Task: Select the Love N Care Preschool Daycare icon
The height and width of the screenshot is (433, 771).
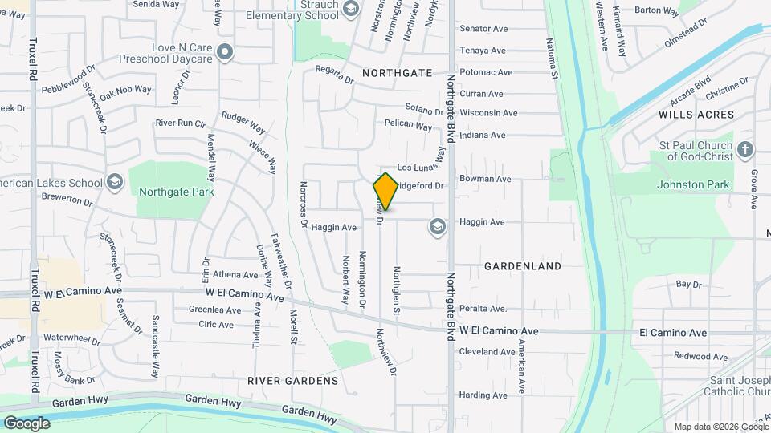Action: pyautogui.click(x=226, y=54)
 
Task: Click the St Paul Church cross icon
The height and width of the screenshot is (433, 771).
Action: pyautogui.click(x=744, y=150)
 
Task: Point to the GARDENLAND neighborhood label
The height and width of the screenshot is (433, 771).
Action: pyautogui.click(x=523, y=265)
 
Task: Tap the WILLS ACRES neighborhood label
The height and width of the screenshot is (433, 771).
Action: pyautogui.click(x=696, y=115)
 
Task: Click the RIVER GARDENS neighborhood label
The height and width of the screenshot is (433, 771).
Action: pyautogui.click(x=293, y=380)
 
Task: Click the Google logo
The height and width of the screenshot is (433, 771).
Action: pyautogui.click(x=27, y=423)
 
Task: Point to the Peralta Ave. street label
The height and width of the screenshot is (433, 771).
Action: pyautogui.click(x=483, y=309)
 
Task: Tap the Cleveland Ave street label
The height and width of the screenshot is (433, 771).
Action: pyautogui.click(x=487, y=351)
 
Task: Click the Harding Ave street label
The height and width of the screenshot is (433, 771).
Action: pyautogui.click(x=483, y=395)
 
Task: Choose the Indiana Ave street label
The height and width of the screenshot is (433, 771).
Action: pyautogui.click(x=483, y=136)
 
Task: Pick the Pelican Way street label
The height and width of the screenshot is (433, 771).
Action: pyautogui.click(x=408, y=124)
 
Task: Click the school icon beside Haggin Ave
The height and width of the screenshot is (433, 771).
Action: pyautogui.click(x=437, y=226)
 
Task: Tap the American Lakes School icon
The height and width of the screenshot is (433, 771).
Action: pyautogui.click(x=114, y=183)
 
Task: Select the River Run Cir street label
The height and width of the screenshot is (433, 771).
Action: pyautogui.click(x=181, y=123)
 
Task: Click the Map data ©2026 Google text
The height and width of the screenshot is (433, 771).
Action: pyautogui.click(x=720, y=427)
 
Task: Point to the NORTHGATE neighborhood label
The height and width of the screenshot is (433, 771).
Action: pyautogui.click(x=397, y=73)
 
